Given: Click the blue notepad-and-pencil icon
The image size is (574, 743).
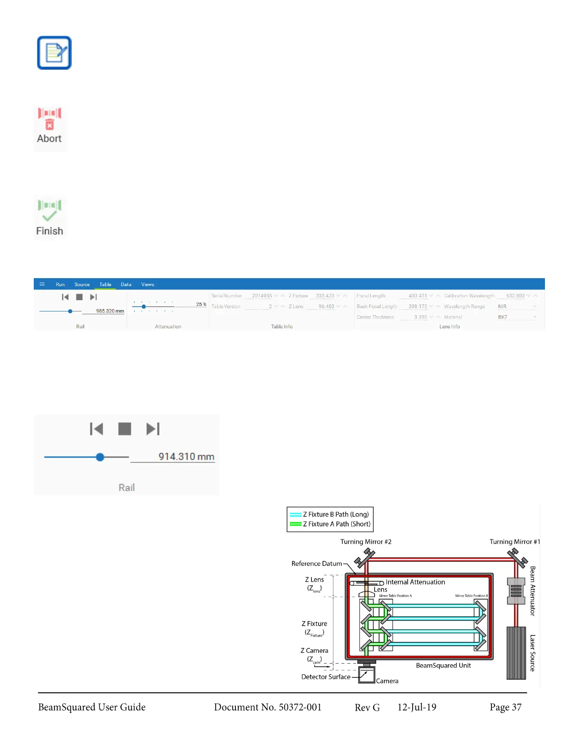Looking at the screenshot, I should tap(54, 53).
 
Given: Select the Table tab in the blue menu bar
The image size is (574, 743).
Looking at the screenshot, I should tap(105, 284).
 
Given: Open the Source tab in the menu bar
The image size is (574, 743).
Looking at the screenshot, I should tap(82, 284).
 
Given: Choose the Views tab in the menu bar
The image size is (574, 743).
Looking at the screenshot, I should tap(148, 284).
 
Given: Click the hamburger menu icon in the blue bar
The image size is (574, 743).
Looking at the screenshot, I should tap(42, 284).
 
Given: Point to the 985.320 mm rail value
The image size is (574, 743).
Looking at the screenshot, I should tap(110, 311).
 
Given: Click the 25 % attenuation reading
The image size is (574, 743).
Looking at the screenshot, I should tap(201, 304).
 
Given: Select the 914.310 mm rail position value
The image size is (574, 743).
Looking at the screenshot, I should tap(186, 456).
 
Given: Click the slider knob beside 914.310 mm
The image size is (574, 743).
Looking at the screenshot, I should tap(100, 457).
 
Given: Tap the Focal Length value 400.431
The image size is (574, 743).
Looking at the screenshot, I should tap(417, 296).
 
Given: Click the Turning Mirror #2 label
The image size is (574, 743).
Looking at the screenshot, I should tap(366, 542).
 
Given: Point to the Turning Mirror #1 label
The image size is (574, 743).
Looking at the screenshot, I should tap(514, 542).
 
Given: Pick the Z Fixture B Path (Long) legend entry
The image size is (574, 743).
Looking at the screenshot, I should tap(335, 515).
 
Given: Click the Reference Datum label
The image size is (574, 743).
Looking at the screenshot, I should tap(317, 564).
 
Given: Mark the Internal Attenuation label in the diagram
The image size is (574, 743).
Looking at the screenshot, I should tap(415, 582).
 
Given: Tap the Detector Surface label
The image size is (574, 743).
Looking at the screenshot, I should tap(326, 677).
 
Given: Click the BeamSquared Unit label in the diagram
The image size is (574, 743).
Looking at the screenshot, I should tap(443, 666).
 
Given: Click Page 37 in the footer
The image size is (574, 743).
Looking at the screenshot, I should tap(506, 707).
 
